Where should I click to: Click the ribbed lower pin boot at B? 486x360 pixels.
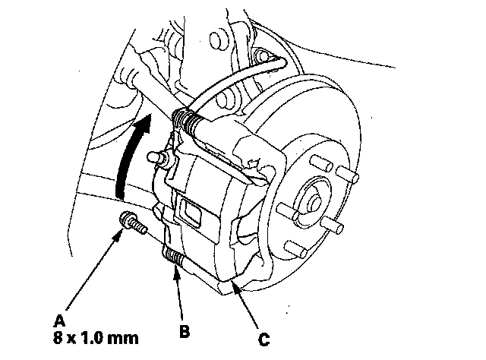coord(175,258)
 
